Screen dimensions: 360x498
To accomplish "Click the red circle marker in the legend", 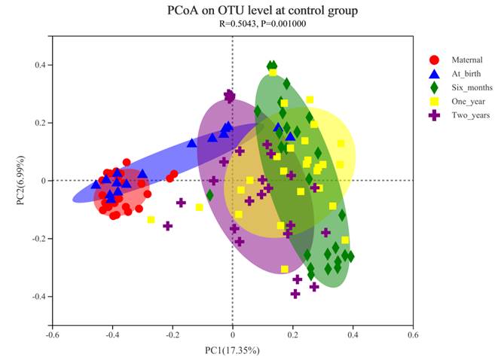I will [434, 59].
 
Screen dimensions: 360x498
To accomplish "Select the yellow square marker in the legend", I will [434, 102].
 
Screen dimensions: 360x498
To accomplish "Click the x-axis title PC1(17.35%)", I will [232, 351].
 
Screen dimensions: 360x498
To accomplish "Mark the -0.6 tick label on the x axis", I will [52, 335].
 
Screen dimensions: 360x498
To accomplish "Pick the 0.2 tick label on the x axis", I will [292, 335].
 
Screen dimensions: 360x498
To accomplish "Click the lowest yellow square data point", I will [285, 269].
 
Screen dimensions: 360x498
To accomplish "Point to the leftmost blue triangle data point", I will [96, 183].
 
